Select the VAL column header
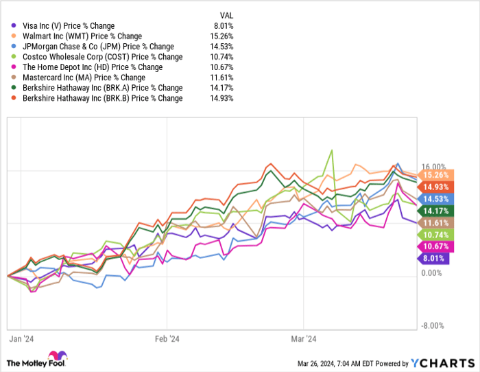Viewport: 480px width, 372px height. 226,14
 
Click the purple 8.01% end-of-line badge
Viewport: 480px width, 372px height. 432,258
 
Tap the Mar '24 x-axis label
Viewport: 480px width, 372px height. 302,338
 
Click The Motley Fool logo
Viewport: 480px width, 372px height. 37,360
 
